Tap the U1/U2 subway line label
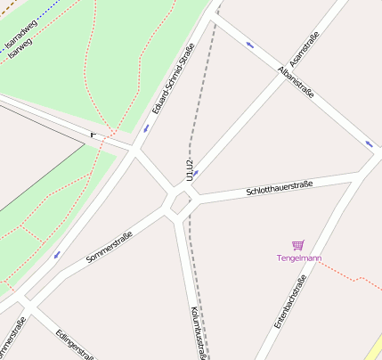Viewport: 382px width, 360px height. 189,169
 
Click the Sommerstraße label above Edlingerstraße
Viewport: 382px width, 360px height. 110,247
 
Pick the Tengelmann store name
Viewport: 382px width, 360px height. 297,258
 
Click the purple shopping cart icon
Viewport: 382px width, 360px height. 297,245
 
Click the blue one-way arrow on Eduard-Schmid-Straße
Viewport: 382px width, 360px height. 145,128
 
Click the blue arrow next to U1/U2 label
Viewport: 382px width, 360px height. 196,173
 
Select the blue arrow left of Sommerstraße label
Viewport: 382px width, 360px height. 57,255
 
